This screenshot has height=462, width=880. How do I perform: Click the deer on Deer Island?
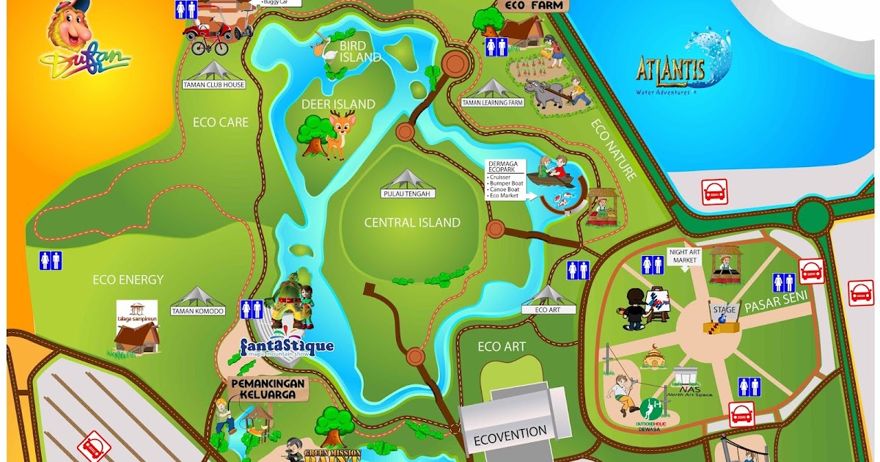(340, 136)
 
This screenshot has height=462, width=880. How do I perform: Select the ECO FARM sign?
(535, 5)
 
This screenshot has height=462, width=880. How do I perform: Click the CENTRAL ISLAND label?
(413, 223)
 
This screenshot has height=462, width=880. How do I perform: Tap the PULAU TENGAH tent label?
(407, 194)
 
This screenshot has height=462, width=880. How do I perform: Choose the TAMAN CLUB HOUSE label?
(214, 84)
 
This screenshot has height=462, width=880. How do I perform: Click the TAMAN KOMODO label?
(197, 311)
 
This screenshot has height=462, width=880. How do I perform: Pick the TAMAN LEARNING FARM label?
(493, 103)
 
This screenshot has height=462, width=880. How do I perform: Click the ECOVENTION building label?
(510, 432)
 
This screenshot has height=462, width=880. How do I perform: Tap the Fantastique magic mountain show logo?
(287, 346)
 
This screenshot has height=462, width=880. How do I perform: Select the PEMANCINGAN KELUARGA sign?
(264, 389)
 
